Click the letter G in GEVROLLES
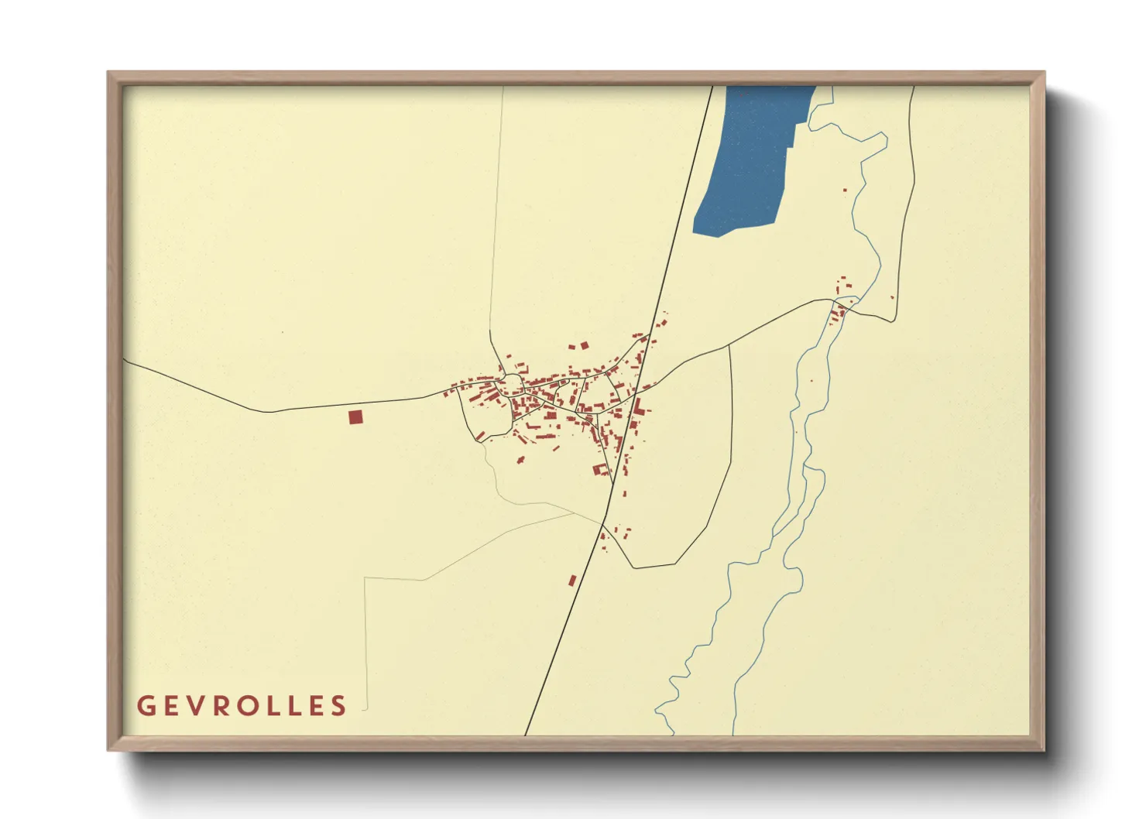[x=145, y=706]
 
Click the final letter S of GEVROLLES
[x=338, y=706]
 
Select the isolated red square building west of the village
[x=355, y=417]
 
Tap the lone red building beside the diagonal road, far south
[x=572, y=581]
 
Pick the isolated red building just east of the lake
[x=845, y=190]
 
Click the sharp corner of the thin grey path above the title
[x=365, y=577]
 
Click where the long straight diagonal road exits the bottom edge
[x=525, y=735]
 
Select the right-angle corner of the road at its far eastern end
[x=896, y=320]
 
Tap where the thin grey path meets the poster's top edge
[x=503, y=87]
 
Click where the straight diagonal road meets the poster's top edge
[x=712, y=87]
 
